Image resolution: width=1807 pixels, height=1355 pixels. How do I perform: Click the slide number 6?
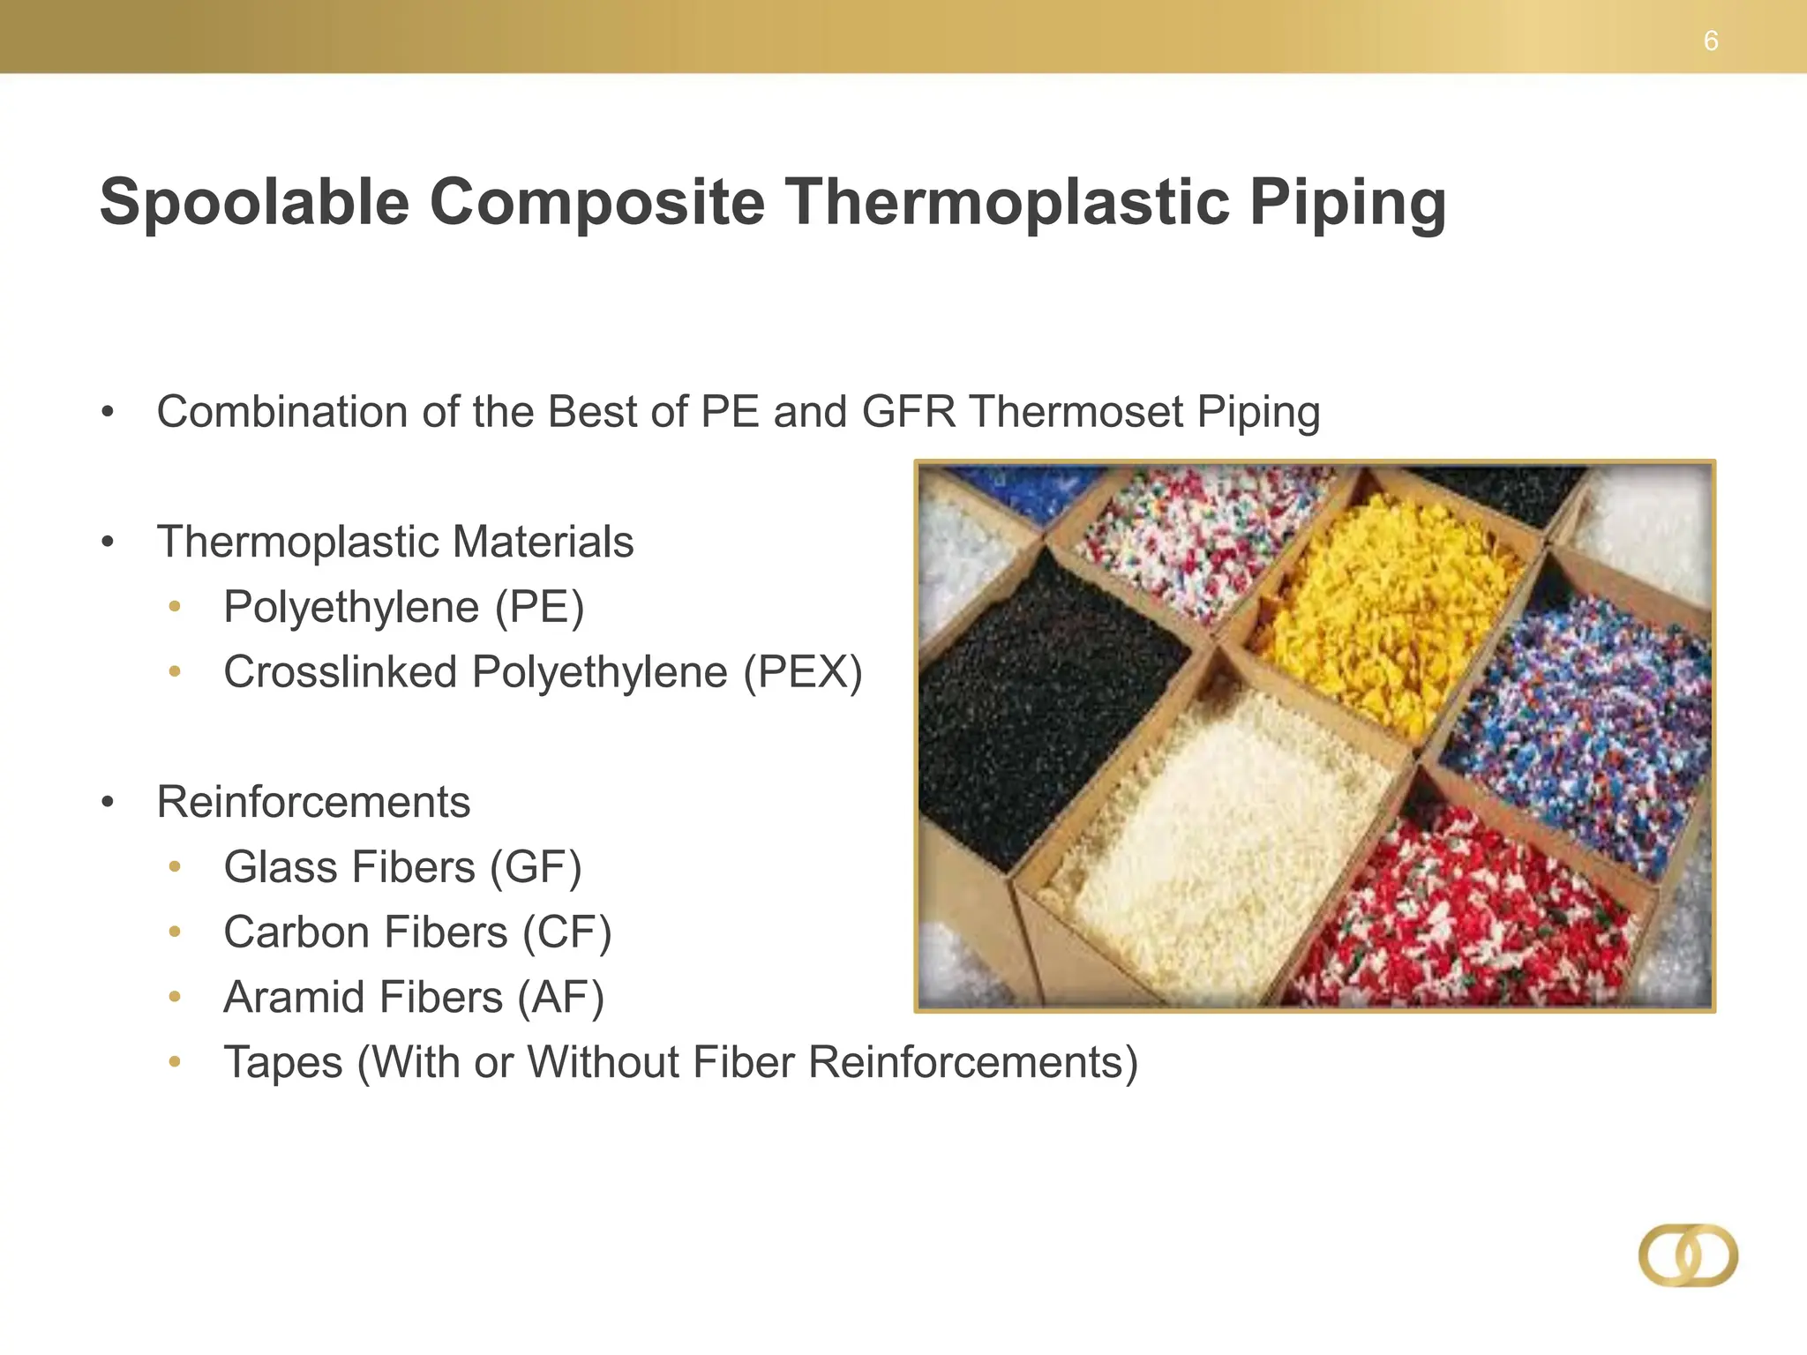[1710, 41]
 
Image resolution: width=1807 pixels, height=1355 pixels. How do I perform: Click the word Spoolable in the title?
[254, 203]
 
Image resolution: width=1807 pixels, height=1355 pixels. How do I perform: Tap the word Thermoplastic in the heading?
[1007, 203]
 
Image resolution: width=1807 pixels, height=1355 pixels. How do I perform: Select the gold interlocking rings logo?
[1688, 1254]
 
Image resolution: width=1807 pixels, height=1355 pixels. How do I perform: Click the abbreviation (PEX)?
[802, 672]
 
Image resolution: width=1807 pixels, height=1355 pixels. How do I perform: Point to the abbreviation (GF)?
[536, 867]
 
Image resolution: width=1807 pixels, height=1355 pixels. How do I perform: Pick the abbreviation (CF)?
[566, 932]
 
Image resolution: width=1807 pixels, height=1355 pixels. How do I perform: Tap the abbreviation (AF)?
[560, 998]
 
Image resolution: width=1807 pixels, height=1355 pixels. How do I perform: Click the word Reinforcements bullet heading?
[313, 802]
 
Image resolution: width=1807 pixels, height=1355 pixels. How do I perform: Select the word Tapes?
[282, 1062]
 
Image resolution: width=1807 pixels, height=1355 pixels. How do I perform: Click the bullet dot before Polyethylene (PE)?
[175, 607]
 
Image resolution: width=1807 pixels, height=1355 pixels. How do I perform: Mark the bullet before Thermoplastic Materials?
[108, 542]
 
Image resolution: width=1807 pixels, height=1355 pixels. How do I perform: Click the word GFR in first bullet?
[908, 412]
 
